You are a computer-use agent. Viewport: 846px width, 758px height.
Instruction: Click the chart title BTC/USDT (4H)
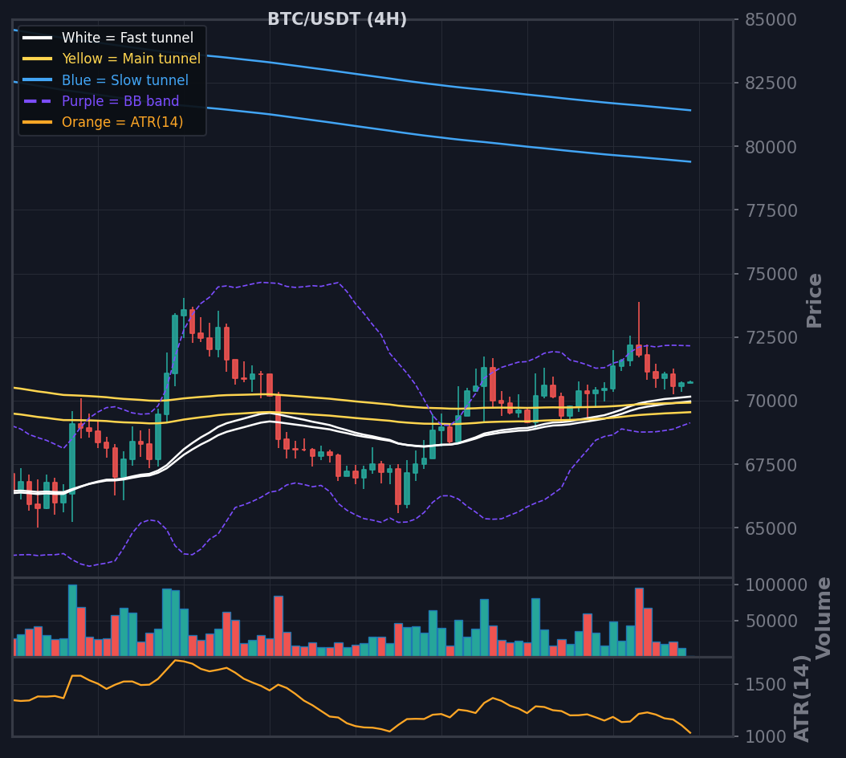(x=337, y=19)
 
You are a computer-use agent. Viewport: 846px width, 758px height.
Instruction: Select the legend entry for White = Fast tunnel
(x=108, y=38)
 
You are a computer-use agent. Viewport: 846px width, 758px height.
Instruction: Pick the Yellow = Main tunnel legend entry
(x=111, y=59)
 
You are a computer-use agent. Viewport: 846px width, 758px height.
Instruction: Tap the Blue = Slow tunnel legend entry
(x=105, y=80)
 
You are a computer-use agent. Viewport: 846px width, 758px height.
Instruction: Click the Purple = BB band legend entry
(x=100, y=101)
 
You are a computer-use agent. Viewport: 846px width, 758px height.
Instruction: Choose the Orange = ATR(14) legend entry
(x=103, y=122)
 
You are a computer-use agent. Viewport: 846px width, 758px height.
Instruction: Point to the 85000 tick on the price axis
(x=771, y=20)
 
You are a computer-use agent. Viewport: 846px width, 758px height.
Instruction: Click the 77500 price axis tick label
(x=771, y=210)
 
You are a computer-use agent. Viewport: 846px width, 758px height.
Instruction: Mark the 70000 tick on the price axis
(x=771, y=401)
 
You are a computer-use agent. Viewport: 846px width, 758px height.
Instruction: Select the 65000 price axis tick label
(x=771, y=528)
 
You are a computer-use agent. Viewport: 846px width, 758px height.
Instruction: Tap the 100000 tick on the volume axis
(x=776, y=585)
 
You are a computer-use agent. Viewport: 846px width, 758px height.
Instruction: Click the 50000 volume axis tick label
(x=771, y=621)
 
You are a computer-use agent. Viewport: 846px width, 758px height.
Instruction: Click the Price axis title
(x=814, y=301)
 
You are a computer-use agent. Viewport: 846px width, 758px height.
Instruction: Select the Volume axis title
(x=823, y=618)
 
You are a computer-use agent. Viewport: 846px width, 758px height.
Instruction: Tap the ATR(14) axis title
(x=802, y=699)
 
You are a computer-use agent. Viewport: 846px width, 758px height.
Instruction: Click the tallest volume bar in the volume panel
(x=72, y=621)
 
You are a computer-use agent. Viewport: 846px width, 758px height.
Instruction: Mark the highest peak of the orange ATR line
(x=175, y=660)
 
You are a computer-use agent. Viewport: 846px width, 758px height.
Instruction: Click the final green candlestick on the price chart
(x=690, y=382)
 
